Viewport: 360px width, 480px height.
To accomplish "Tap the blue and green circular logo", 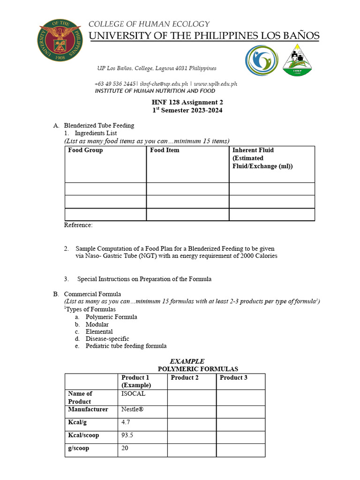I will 261,60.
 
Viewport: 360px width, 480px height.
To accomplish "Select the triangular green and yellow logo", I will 297,60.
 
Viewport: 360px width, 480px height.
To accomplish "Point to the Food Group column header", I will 85,150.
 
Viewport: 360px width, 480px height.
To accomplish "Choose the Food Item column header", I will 165,150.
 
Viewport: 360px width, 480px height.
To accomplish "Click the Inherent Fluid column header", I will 253,150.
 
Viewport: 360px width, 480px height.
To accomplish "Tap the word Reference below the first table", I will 78,225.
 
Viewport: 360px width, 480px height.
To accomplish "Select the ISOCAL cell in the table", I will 133,394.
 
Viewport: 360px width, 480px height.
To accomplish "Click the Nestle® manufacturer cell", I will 133,409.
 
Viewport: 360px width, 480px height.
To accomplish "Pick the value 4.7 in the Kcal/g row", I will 126,422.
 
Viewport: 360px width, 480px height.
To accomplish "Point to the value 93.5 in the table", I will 127,435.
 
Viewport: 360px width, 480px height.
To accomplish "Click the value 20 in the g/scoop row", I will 125,448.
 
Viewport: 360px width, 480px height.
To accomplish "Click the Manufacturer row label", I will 88,409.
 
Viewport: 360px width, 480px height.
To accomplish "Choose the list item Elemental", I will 99,331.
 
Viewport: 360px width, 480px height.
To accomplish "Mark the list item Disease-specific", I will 107,339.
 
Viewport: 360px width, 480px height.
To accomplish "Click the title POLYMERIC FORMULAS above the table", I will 198,369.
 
